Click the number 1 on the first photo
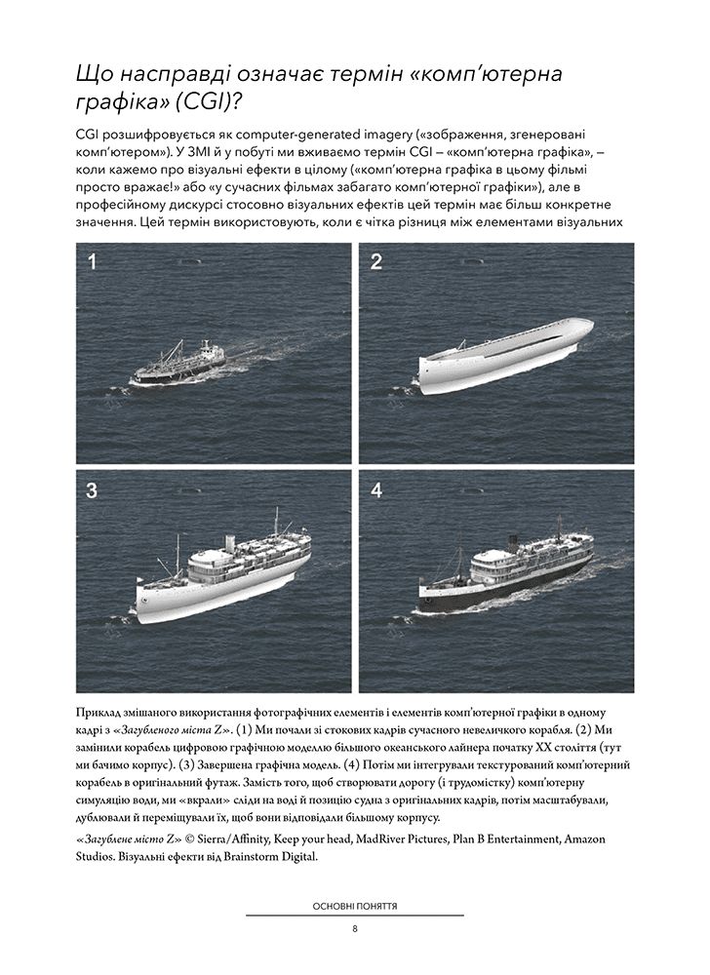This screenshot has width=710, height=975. point(93,262)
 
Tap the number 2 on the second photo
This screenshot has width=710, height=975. point(375,262)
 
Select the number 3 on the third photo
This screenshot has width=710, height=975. point(93,491)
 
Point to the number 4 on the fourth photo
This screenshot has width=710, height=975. point(376,491)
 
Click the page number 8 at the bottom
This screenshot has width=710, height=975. point(355,929)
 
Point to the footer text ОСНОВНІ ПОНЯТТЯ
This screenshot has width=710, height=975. point(355,906)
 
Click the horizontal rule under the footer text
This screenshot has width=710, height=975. point(355,916)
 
